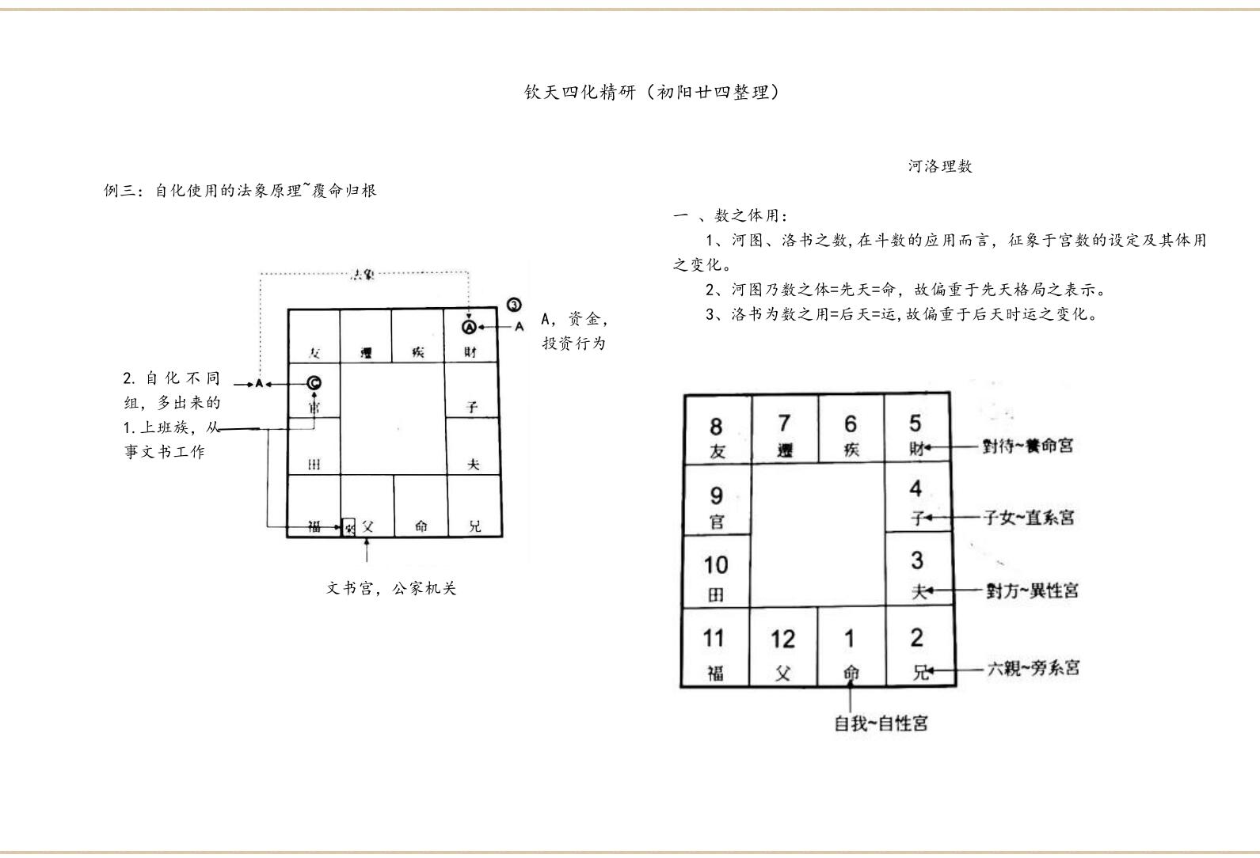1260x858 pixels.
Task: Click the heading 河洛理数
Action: pyautogui.click(x=940, y=166)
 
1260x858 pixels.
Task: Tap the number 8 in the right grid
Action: pyautogui.click(x=716, y=427)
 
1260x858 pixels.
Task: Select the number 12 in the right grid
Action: pyautogui.click(x=782, y=639)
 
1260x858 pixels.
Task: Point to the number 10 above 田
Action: pyautogui.click(x=715, y=565)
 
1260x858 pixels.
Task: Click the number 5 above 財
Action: pyautogui.click(x=915, y=423)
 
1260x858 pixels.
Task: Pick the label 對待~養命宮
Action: pyautogui.click(x=1028, y=446)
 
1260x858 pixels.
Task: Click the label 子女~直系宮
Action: pyautogui.click(x=1029, y=518)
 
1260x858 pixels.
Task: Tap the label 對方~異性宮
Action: pyautogui.click(x=1031, y=590)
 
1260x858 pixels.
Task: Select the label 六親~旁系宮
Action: pyautogui.click(x=1033, y=669)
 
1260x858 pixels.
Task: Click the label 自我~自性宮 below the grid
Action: pyautogui.click(x=881, y=723)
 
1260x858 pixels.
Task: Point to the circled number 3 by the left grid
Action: pyautogui.click(x=514, y=305)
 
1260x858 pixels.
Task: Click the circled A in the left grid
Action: pyautogui.click(x=469, y=326)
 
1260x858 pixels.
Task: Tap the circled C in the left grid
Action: pyautogui.click(x=314, y=383)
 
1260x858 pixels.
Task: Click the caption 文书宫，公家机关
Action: pyautogui.click(x=391, y=588)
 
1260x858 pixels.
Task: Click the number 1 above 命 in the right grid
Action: pyautogui.click(x=850, y=638)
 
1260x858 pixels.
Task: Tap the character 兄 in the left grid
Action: pyautogui.click(x=474, y=526)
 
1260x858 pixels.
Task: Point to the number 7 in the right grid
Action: pyautogui.click(x=784, y=423)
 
